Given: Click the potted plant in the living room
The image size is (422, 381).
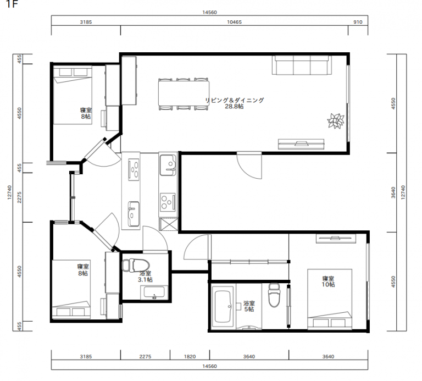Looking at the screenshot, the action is click(x=336, y=121).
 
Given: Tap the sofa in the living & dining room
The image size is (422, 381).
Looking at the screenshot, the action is click(x=302, y=65).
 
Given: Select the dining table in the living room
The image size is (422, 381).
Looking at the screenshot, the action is click(x=184, y=93).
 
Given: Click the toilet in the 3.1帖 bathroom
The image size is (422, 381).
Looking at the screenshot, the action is click(x=135, y=265).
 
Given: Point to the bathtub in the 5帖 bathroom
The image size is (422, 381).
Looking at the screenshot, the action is click(x=223, y=307).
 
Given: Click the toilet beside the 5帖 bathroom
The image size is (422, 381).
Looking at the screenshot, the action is click(x=274, y=295).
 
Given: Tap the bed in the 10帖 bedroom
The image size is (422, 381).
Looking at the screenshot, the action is click(x=330, y=299).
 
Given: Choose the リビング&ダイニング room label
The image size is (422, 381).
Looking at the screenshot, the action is click(x=235, y=100).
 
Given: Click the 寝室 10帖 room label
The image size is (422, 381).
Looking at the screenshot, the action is click(x=329, y=281).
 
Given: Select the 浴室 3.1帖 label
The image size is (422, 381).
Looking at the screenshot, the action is click(x=145, y=277).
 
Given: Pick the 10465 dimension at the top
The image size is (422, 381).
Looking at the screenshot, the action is click(x=234, y=22).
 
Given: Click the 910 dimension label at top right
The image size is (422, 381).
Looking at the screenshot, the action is click(x=358, y=22).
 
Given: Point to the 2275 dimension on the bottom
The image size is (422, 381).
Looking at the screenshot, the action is click(x=145, y=356).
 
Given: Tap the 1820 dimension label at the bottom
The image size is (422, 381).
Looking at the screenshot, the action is click(x=190, y=356).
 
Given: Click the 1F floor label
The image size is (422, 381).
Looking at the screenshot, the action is click(x=12, y=4).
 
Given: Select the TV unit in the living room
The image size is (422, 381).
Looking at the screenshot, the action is click(x=301, y=144).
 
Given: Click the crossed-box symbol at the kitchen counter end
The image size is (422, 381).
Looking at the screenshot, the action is click(x=169, y=224).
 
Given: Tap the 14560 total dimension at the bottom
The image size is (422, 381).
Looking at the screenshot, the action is click(x=209, y=366).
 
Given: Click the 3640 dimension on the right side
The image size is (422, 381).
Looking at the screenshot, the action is click(x=393, y=192).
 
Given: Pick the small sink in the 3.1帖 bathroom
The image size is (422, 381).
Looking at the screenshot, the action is click(x=154, y=292).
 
